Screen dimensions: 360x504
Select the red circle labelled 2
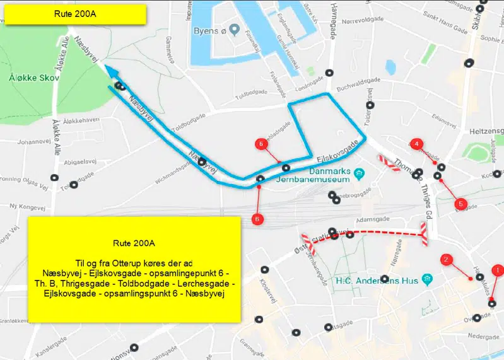(446, 259)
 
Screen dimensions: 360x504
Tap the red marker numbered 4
(416, 144)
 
